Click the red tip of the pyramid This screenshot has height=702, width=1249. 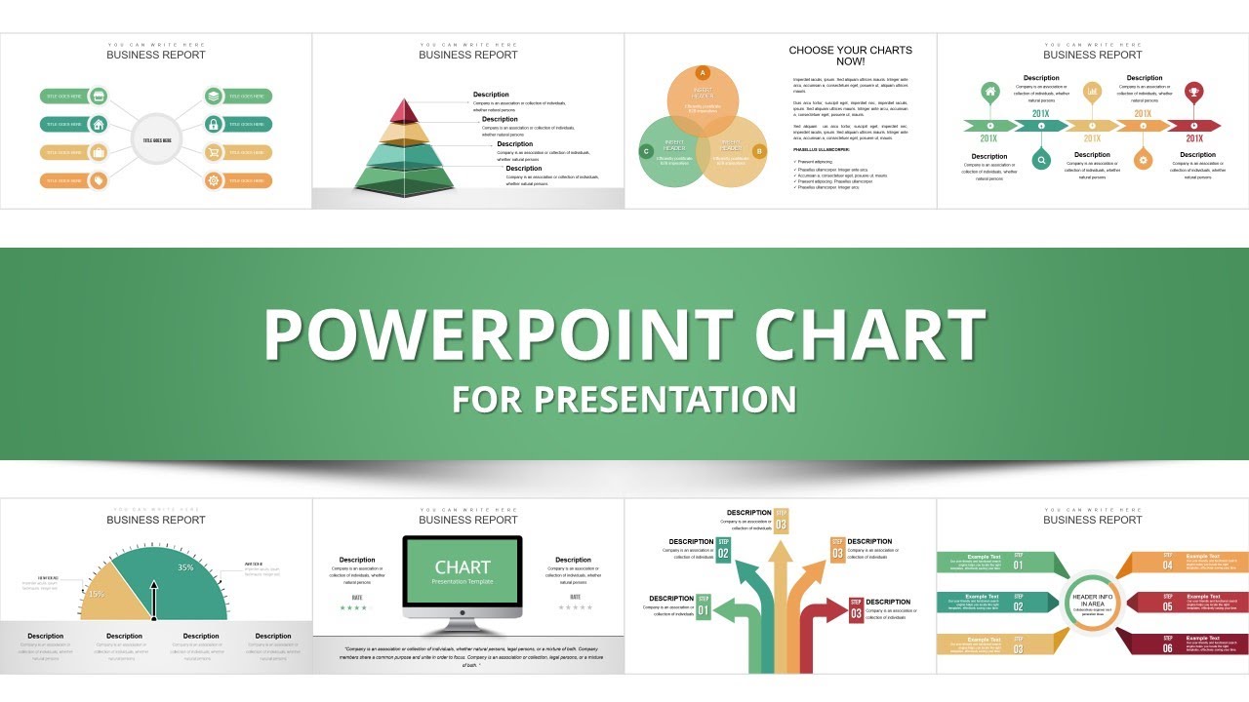point(407,108)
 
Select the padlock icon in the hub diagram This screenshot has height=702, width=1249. point(215,124)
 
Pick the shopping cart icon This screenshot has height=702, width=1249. point(215,152)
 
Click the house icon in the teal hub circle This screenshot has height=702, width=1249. point(99,124)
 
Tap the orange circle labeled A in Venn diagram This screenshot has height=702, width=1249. point(702,73)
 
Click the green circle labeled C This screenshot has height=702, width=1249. point(646,151)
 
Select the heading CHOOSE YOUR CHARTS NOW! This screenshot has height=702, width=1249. point(850,56)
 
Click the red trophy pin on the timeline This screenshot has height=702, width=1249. point(1192,92)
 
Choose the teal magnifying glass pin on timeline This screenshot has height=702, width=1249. point(1041,160)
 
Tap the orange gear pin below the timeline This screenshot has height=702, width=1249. point(1144,160)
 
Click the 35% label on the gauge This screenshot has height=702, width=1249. point(185,566)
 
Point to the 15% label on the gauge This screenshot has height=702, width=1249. point(96,594)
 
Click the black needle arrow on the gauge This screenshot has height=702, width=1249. point(153,597)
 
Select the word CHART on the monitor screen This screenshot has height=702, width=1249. point(463,567)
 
